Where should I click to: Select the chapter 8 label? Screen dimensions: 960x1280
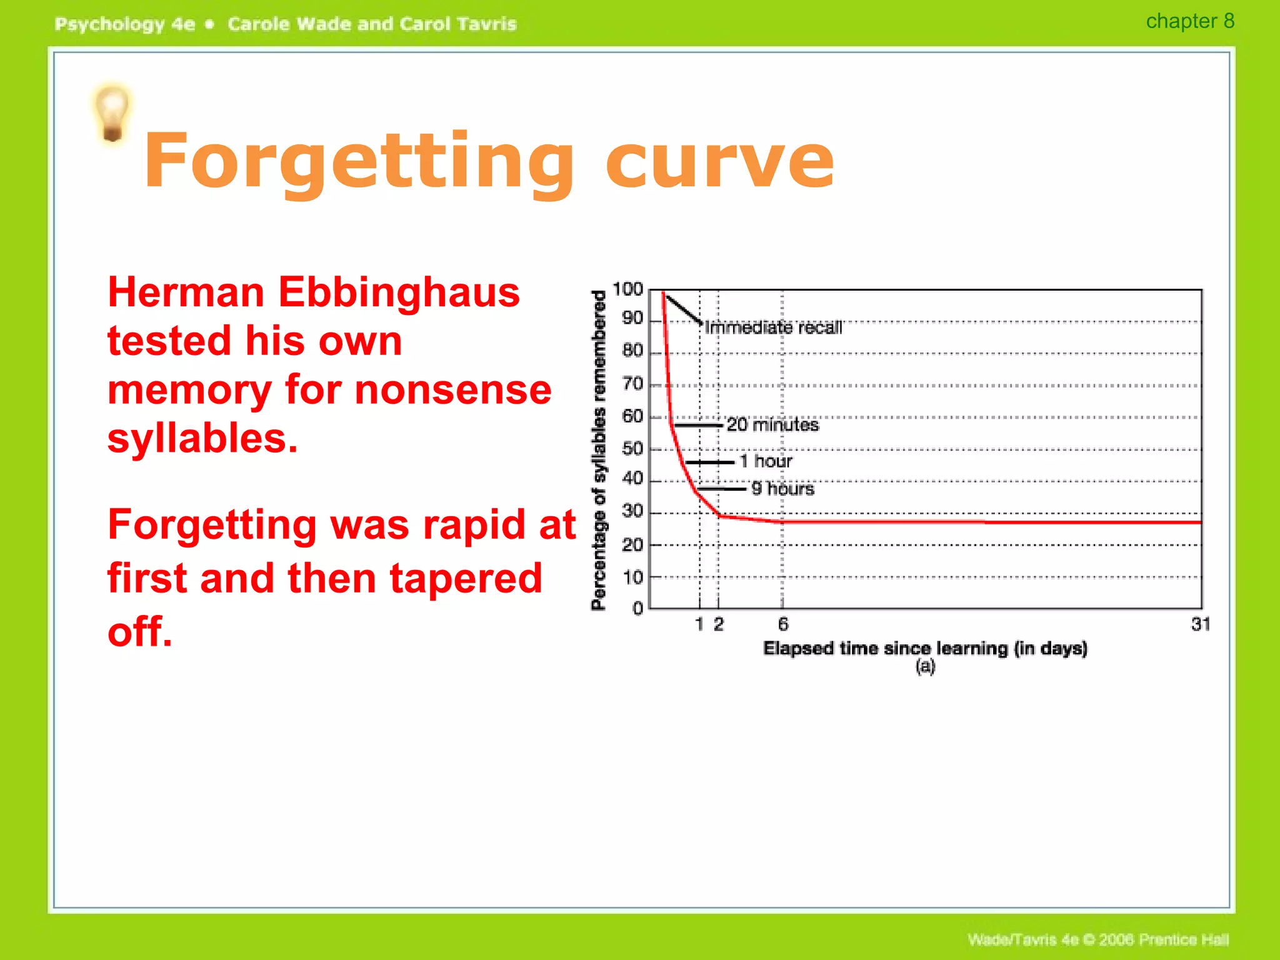click(1189, 21)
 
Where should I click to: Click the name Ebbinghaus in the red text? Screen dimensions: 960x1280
click(399, 292)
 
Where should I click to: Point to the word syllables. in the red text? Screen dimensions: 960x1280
click(202, 437)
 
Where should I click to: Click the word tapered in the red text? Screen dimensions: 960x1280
click(466, 578)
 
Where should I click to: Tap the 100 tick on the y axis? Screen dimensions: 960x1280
click(627, 289)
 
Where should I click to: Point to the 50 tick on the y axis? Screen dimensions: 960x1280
click(632, 449)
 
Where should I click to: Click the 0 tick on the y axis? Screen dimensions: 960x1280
click(637, 608)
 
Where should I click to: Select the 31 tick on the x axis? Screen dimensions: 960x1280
click(1200, 624)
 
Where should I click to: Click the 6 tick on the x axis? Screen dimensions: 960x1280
click(782, 624)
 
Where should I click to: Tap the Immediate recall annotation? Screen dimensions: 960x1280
click(773, 327)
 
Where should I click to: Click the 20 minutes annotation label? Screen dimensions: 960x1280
click(772, 425)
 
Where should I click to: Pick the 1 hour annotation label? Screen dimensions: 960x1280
click(766, 461)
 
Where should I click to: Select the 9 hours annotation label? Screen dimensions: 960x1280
click(782, 489)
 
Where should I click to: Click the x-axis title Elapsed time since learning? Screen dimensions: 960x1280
click(925, 648)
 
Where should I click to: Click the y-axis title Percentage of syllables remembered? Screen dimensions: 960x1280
click(599, 450)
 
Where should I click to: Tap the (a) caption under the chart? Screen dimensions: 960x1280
click(925, 666)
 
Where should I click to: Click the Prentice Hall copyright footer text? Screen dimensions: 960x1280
click(1097, 939)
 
